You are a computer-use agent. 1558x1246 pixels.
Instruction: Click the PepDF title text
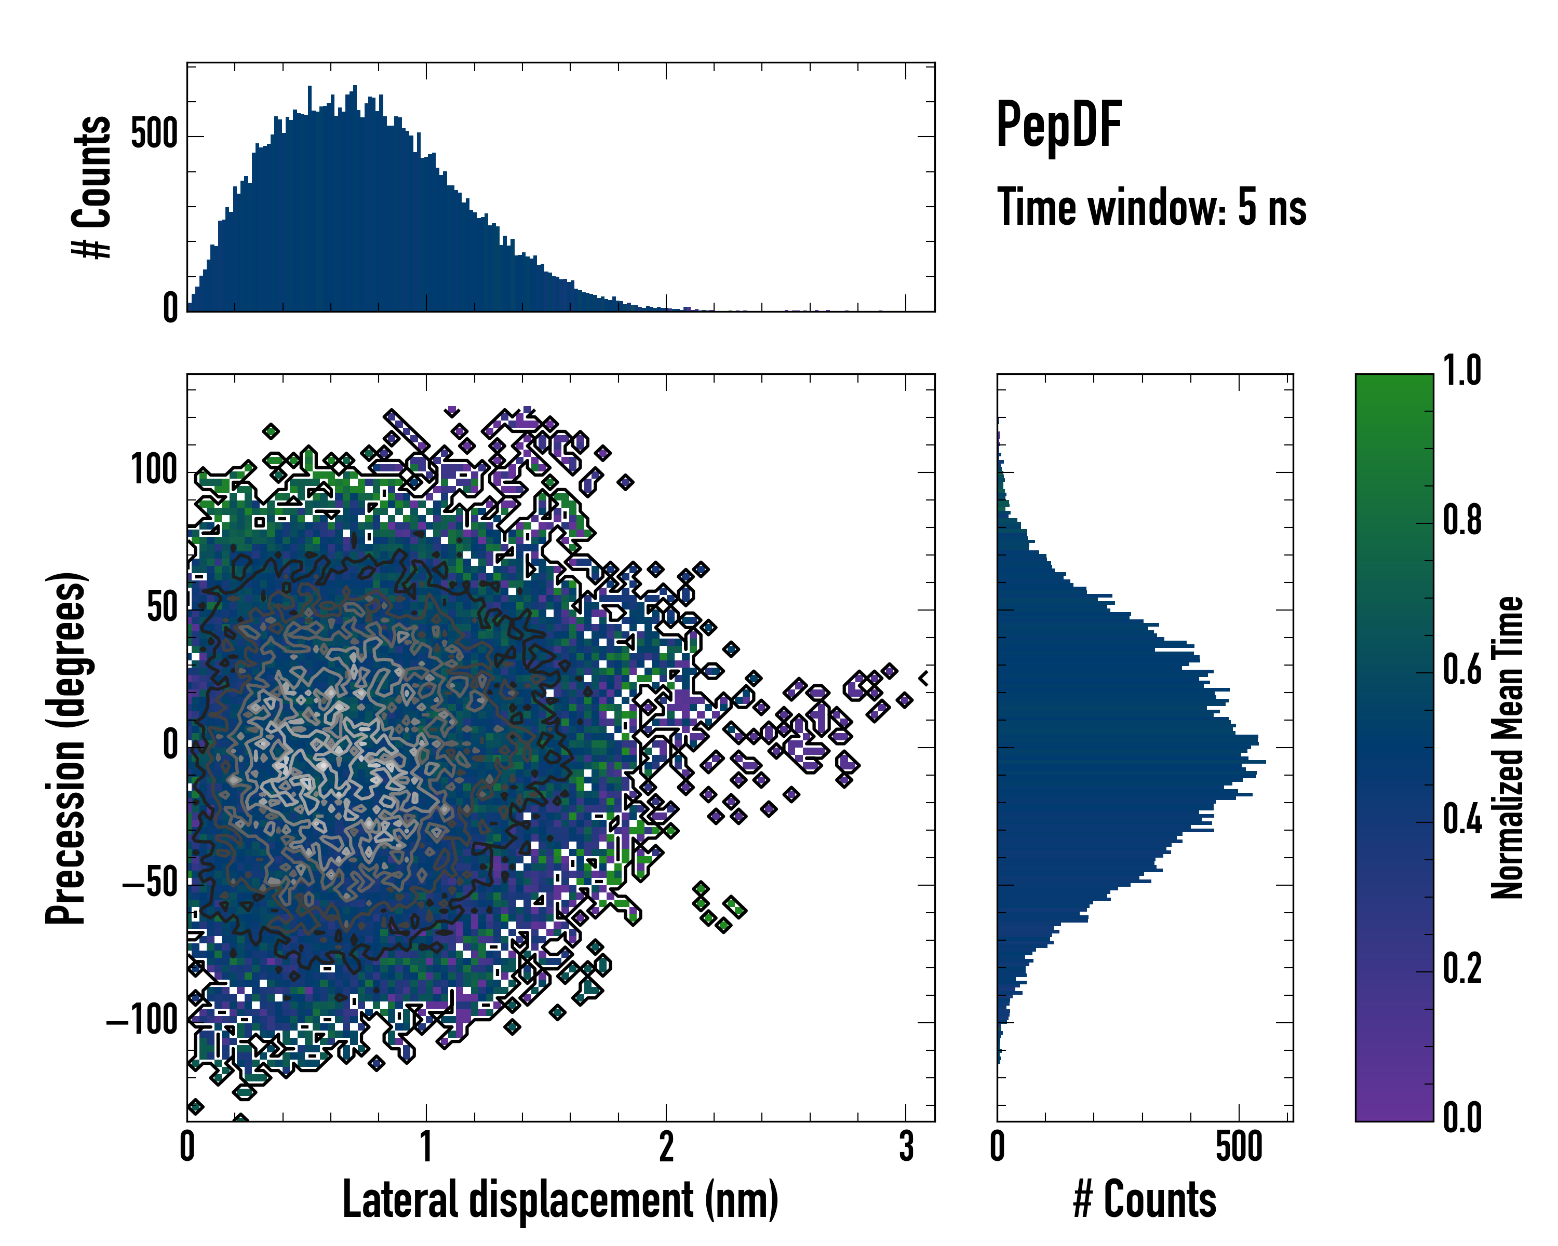tap(1058, 126)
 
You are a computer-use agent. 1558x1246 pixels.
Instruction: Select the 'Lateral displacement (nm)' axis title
tap(560, 1200)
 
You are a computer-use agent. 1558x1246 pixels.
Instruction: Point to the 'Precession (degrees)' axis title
tap(66, 748)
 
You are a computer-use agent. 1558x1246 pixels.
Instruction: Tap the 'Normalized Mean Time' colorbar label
tap(1508, 748)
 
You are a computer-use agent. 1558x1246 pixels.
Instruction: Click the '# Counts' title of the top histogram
tap(92, 187)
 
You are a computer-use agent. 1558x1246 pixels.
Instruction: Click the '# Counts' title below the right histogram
tap(1145, 1200)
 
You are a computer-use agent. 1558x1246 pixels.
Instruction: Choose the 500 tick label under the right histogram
tap(1239, 1147)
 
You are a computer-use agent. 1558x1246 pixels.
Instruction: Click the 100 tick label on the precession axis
tap(154, 471)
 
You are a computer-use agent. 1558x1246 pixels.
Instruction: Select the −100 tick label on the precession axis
tap(142, 1021)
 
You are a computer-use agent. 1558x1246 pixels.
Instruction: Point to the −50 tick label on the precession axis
tap(150, 884)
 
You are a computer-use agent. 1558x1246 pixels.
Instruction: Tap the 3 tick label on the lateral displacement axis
tap(906, 1147)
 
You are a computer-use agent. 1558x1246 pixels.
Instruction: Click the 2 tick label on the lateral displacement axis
tap(666, 1147)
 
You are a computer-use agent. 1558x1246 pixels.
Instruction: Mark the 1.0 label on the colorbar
tap(1462, 371)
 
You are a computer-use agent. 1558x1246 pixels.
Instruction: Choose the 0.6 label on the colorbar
tap(1462, 670)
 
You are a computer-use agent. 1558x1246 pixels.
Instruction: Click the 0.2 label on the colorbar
tap(1462, 969)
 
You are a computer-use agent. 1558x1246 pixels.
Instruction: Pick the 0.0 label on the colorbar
tap(1462, 1117)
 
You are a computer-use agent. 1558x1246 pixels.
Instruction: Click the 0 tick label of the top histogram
tap(170, 308)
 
